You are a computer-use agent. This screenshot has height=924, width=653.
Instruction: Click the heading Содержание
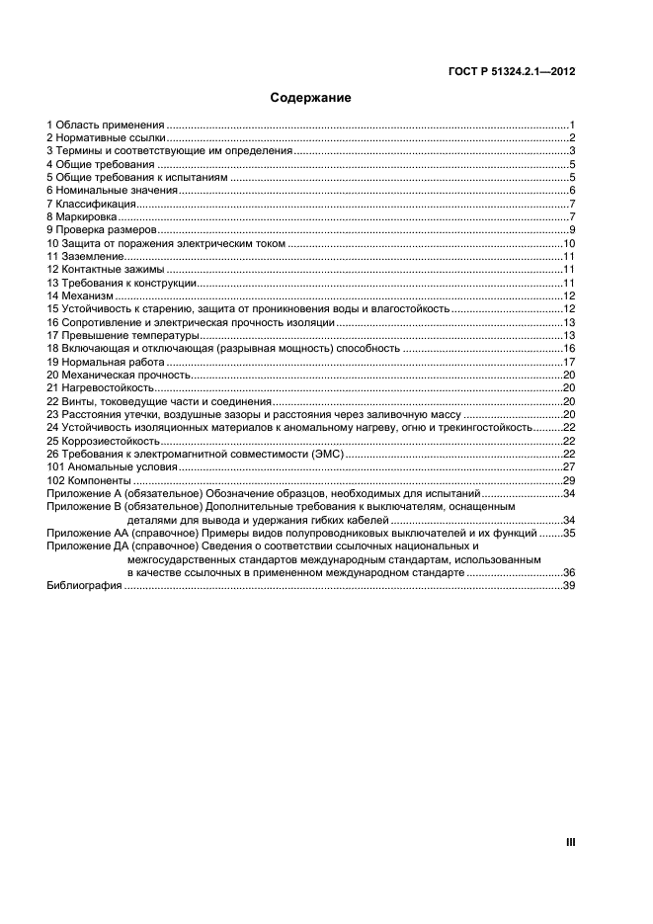(311, 98)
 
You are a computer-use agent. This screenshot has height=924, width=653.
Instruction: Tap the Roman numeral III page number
(570, 843)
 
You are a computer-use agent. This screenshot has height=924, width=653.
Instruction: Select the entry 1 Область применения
(106, 126)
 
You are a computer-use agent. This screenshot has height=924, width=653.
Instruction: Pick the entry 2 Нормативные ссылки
(107, 138)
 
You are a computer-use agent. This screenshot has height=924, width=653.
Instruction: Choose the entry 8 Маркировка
(83, 216)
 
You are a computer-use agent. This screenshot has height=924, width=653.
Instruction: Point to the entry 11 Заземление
(89, 256)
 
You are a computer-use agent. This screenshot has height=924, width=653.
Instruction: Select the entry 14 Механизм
(81, 295)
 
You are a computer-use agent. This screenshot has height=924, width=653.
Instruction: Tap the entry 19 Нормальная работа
(105, 362)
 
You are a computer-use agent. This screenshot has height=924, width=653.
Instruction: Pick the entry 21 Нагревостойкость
(100, 387)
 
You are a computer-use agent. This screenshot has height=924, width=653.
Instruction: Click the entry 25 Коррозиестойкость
(103, 441)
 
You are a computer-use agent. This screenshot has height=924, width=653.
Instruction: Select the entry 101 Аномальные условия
(113, 466)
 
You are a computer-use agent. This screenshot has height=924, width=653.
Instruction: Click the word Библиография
(84, 586)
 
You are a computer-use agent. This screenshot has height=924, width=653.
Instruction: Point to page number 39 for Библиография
(569, 586)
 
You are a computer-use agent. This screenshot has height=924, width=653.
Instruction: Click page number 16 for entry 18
(569, 348)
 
